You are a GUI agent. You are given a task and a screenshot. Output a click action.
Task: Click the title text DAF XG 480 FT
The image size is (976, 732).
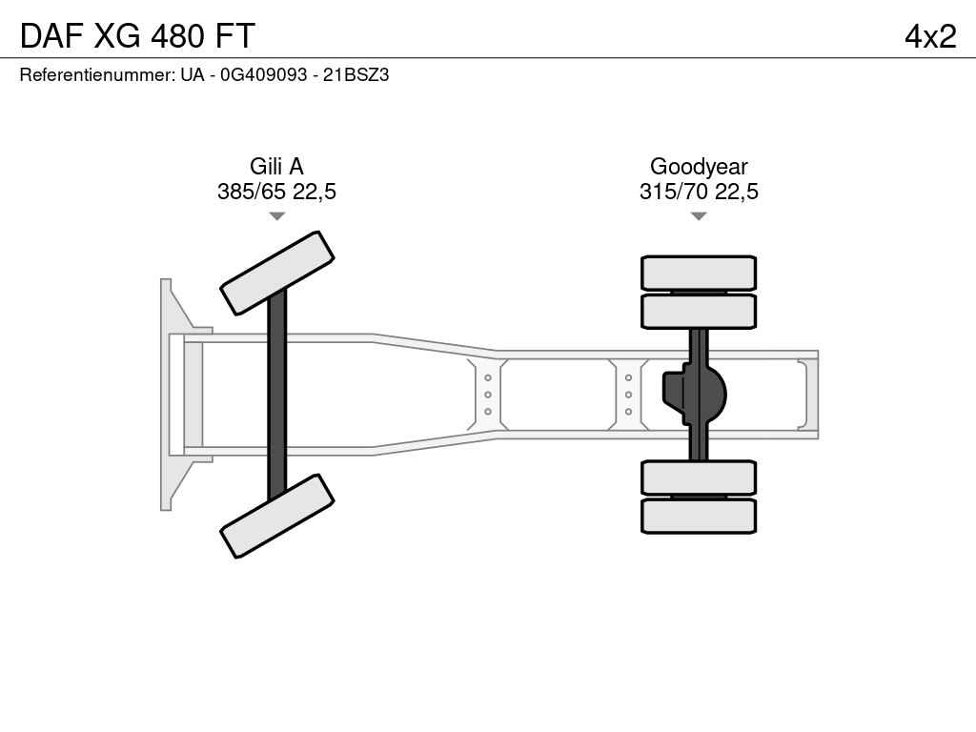click(x=137, y=36)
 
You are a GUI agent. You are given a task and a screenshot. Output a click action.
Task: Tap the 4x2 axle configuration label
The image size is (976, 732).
click(x=930, y=36)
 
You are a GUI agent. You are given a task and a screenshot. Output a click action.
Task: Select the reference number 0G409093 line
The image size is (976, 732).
click(x=204, y=74)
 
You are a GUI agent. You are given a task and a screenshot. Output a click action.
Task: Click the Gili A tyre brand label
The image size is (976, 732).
click(x=276, y=167)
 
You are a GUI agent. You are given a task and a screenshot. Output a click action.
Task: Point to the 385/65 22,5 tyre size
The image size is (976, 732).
click(x=276, y=192)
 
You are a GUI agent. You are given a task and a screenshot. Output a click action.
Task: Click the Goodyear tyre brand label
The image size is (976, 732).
click(x=699, y=167)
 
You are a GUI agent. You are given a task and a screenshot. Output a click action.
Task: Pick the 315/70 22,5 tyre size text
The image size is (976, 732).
click(x=699, y=192)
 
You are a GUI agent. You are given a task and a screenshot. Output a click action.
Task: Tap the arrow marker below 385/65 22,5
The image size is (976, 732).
click(x=276, y=216)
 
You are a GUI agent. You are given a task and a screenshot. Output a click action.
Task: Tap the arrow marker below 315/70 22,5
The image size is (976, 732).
click(x=699, y=216)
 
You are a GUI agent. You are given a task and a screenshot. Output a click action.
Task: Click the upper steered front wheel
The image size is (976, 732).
click(x=276, y=273)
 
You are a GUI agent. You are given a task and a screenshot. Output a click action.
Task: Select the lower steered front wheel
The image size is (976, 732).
click(x=276, y=516)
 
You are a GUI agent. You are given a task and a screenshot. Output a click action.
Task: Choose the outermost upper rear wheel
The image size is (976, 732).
click(x=699, y=273)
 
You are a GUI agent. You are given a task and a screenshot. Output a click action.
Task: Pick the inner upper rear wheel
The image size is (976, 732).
click(x=699, y=311)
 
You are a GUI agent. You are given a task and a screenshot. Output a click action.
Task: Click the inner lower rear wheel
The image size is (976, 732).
click(x=699, y=477)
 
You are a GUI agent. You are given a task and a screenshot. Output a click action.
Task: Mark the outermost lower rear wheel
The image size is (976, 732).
click(x=699, y=516)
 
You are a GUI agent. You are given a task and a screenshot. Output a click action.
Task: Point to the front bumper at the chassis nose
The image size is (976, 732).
click(x=172, y=394)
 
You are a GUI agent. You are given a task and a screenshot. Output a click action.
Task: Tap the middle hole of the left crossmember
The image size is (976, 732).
click(x=488, y=395)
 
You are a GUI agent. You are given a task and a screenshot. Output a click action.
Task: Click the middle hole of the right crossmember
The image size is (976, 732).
click(x=629, y=395)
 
